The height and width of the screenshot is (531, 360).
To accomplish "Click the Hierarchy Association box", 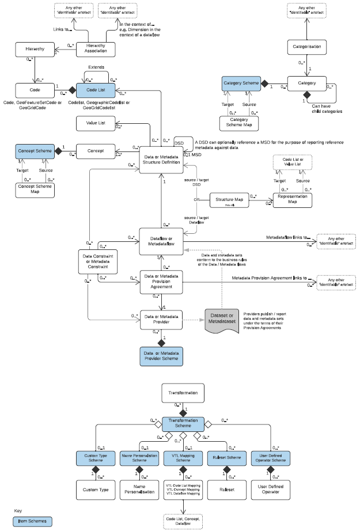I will click(x=95, y=49).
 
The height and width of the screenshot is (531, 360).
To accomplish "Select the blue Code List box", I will click(x=95, y=90).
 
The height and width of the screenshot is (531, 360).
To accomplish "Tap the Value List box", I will click(x=95, y=123).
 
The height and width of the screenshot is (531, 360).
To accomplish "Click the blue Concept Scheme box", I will click(x=32, y=151).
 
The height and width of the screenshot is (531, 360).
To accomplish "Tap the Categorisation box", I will click(x=307, y=46).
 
